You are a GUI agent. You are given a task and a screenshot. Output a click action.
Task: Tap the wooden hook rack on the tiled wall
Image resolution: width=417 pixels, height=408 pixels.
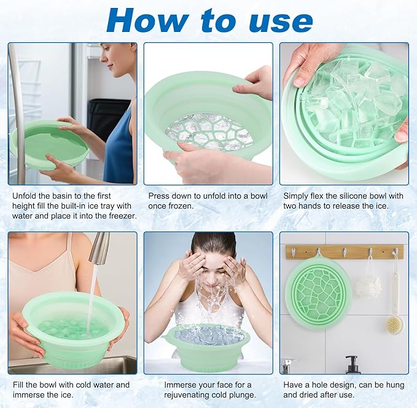(344, 252)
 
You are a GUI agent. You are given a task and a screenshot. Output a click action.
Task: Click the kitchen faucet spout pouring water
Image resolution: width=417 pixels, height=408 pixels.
(99, 248)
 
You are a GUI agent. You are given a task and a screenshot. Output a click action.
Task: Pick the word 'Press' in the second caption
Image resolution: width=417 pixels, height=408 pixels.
(161, 196)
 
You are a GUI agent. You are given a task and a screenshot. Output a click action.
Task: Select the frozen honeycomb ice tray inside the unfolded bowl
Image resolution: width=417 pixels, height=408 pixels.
(209, 130)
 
